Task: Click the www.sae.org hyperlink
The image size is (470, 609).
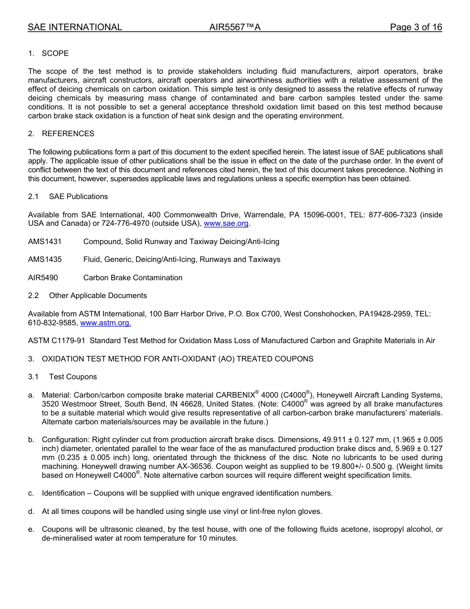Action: pos(226,224)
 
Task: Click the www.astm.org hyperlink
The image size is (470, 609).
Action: pos(105,323)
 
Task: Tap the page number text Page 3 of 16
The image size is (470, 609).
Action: pos(416,28)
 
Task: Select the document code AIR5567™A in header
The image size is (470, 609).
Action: pos(235,28)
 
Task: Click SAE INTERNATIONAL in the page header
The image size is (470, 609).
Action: pos(75,28)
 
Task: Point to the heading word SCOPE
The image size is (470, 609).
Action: pos(55,53)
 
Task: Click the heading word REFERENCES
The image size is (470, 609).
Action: pos(68,134)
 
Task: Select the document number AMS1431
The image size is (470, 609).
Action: pos(45,242)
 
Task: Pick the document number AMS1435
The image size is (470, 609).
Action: pos(45,259)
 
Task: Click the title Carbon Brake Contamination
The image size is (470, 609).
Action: pos(133,278)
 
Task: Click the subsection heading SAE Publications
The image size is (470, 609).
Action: pos(78,197)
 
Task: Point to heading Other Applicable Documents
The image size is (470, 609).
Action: pos(98,296)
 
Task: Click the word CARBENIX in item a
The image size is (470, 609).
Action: pos(235,395)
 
